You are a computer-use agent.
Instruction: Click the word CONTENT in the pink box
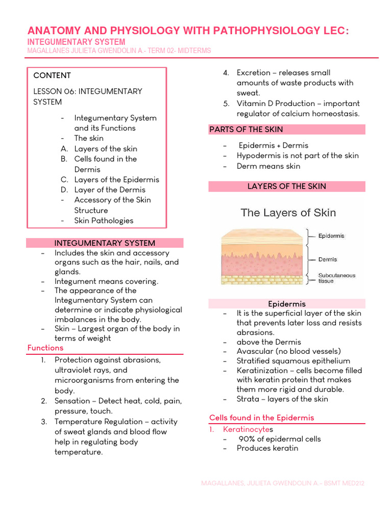[52, 75]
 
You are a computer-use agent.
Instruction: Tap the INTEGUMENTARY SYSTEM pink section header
[105, 243]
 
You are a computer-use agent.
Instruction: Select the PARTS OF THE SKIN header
[246, 129]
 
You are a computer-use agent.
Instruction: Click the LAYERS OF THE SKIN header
[286, 186]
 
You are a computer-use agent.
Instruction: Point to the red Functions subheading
[45, 348]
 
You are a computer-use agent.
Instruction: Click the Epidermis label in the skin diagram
[331, 236]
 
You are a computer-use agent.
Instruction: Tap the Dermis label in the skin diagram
[328, 259]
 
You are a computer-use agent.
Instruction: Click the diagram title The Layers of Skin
[288, 213]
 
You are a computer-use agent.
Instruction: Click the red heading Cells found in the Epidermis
[262, 417]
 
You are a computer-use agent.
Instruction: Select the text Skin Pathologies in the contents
[104, 221]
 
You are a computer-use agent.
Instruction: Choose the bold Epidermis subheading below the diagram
[287, 304]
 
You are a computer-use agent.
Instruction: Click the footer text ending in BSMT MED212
[282, 483]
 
